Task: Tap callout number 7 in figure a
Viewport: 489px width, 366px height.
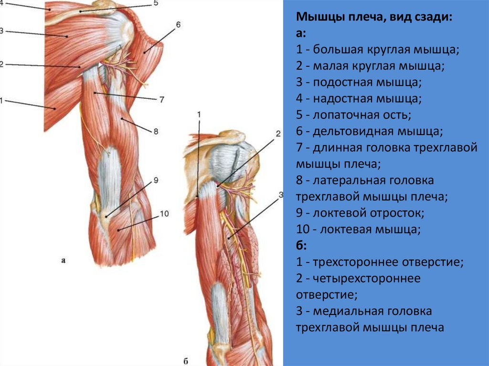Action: click(x=162, y=100)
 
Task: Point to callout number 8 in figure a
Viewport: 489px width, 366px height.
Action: click(x=156, y=131)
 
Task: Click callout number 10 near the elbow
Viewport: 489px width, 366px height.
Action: click(x=164, y=214)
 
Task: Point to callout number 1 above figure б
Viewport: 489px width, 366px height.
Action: click(x=199, y=114)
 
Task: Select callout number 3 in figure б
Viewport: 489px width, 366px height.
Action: click(x=281, y=195)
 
